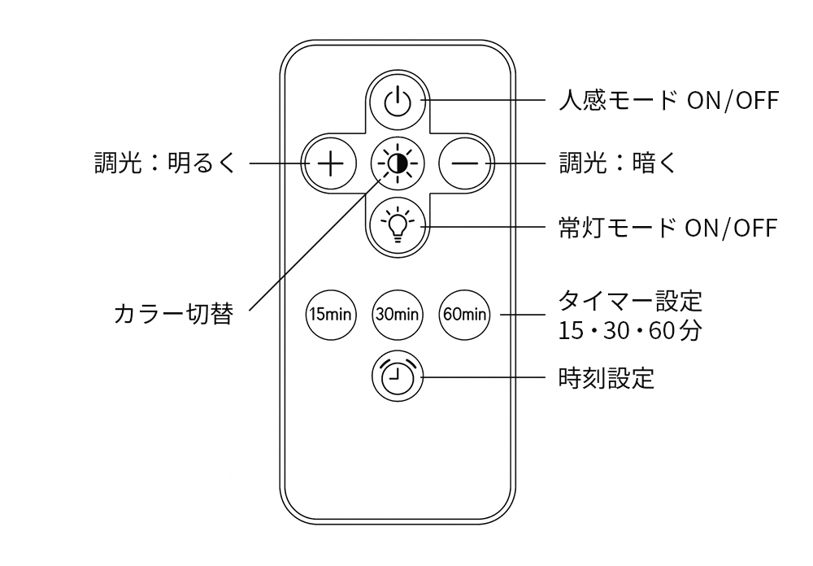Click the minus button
[x=465, y=163]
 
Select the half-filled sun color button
[x=397, y=163]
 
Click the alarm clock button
[x=397, y=378]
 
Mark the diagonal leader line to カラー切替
[x=309, y=249]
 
